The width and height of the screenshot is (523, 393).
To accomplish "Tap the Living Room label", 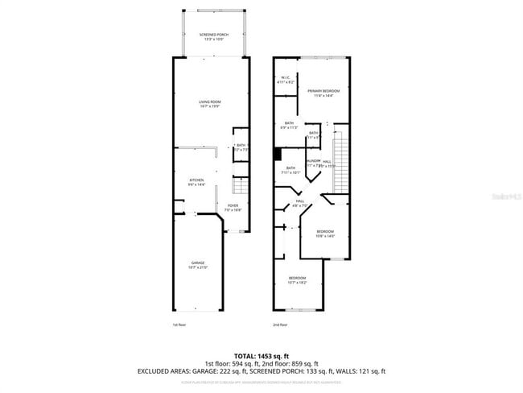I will [210, 104].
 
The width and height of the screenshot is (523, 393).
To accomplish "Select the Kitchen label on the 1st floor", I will [196, 182].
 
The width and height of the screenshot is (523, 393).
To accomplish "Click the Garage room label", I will [197, 265].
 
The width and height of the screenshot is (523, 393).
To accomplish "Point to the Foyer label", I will [233, 208].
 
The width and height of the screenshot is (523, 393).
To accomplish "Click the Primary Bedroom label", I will [323, 93].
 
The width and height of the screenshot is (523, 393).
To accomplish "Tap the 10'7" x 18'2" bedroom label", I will [297, 279].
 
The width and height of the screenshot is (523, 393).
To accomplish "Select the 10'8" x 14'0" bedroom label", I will [324, 234].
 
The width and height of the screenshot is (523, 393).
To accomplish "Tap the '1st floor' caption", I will [179, 325].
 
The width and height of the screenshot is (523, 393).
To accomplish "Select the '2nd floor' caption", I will [281, 325].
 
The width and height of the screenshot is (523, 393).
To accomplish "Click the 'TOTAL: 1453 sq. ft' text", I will [261, 355].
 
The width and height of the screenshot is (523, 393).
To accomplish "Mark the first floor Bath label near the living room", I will [241, 147].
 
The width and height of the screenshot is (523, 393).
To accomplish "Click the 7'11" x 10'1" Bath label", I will [290, 170].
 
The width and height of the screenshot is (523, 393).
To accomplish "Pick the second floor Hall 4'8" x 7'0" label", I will [300, 203].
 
